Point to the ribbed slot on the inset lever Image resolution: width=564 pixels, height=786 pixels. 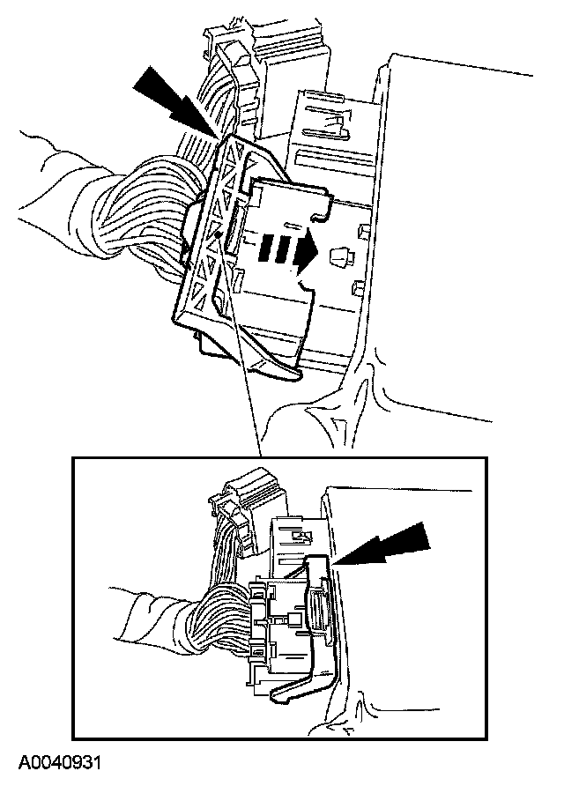pyautogui.click(x=315, y=612)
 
